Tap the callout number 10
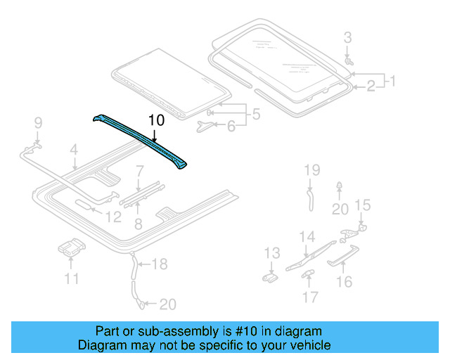156,121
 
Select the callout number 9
39,124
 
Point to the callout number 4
73,149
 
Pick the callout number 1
392,81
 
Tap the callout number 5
256,113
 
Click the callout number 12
113,218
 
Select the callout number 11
72,279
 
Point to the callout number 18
160,264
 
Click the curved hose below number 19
310,199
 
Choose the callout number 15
361,205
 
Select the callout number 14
307,237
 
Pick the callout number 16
344,282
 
